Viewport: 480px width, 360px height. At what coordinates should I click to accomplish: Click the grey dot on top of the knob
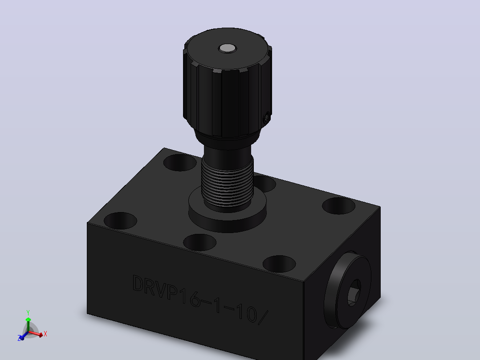coord(227,48)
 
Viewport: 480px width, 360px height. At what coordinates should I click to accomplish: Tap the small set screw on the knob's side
coord(267,118)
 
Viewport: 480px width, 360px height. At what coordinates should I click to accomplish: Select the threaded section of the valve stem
coord(227,184)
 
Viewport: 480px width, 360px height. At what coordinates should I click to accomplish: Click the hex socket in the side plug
coord(353,293)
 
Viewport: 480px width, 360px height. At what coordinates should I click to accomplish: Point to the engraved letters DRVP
coord(155,287)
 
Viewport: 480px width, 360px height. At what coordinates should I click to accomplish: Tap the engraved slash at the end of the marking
coord(263,317)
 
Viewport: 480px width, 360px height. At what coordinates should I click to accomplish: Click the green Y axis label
coord(28,313)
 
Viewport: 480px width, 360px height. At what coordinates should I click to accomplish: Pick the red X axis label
coord(45,334)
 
